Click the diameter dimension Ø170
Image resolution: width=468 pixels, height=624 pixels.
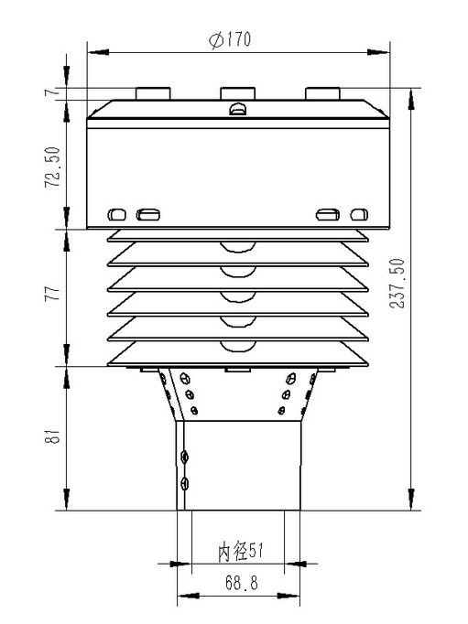coord(230,40)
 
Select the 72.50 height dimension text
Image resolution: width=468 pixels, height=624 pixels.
coord(54,167)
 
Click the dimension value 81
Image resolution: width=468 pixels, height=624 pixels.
coord(54,437)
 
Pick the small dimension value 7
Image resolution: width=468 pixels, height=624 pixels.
coord(54,92)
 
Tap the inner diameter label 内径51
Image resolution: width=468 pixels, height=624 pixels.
coord(240,553)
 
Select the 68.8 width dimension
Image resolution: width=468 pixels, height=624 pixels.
coord(240,582)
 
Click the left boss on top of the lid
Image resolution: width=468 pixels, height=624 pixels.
coord(153,93)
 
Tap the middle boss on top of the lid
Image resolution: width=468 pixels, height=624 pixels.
coord(237,93)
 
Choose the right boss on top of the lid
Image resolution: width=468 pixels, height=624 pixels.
coord(322,93)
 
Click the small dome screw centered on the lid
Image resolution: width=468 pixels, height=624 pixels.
coord(237,111)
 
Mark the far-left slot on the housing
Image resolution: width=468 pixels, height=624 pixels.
coord(116,215)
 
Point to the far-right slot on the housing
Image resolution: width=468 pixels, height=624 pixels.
coord(359,215)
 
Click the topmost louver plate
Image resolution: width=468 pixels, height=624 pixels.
coord(237,236)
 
